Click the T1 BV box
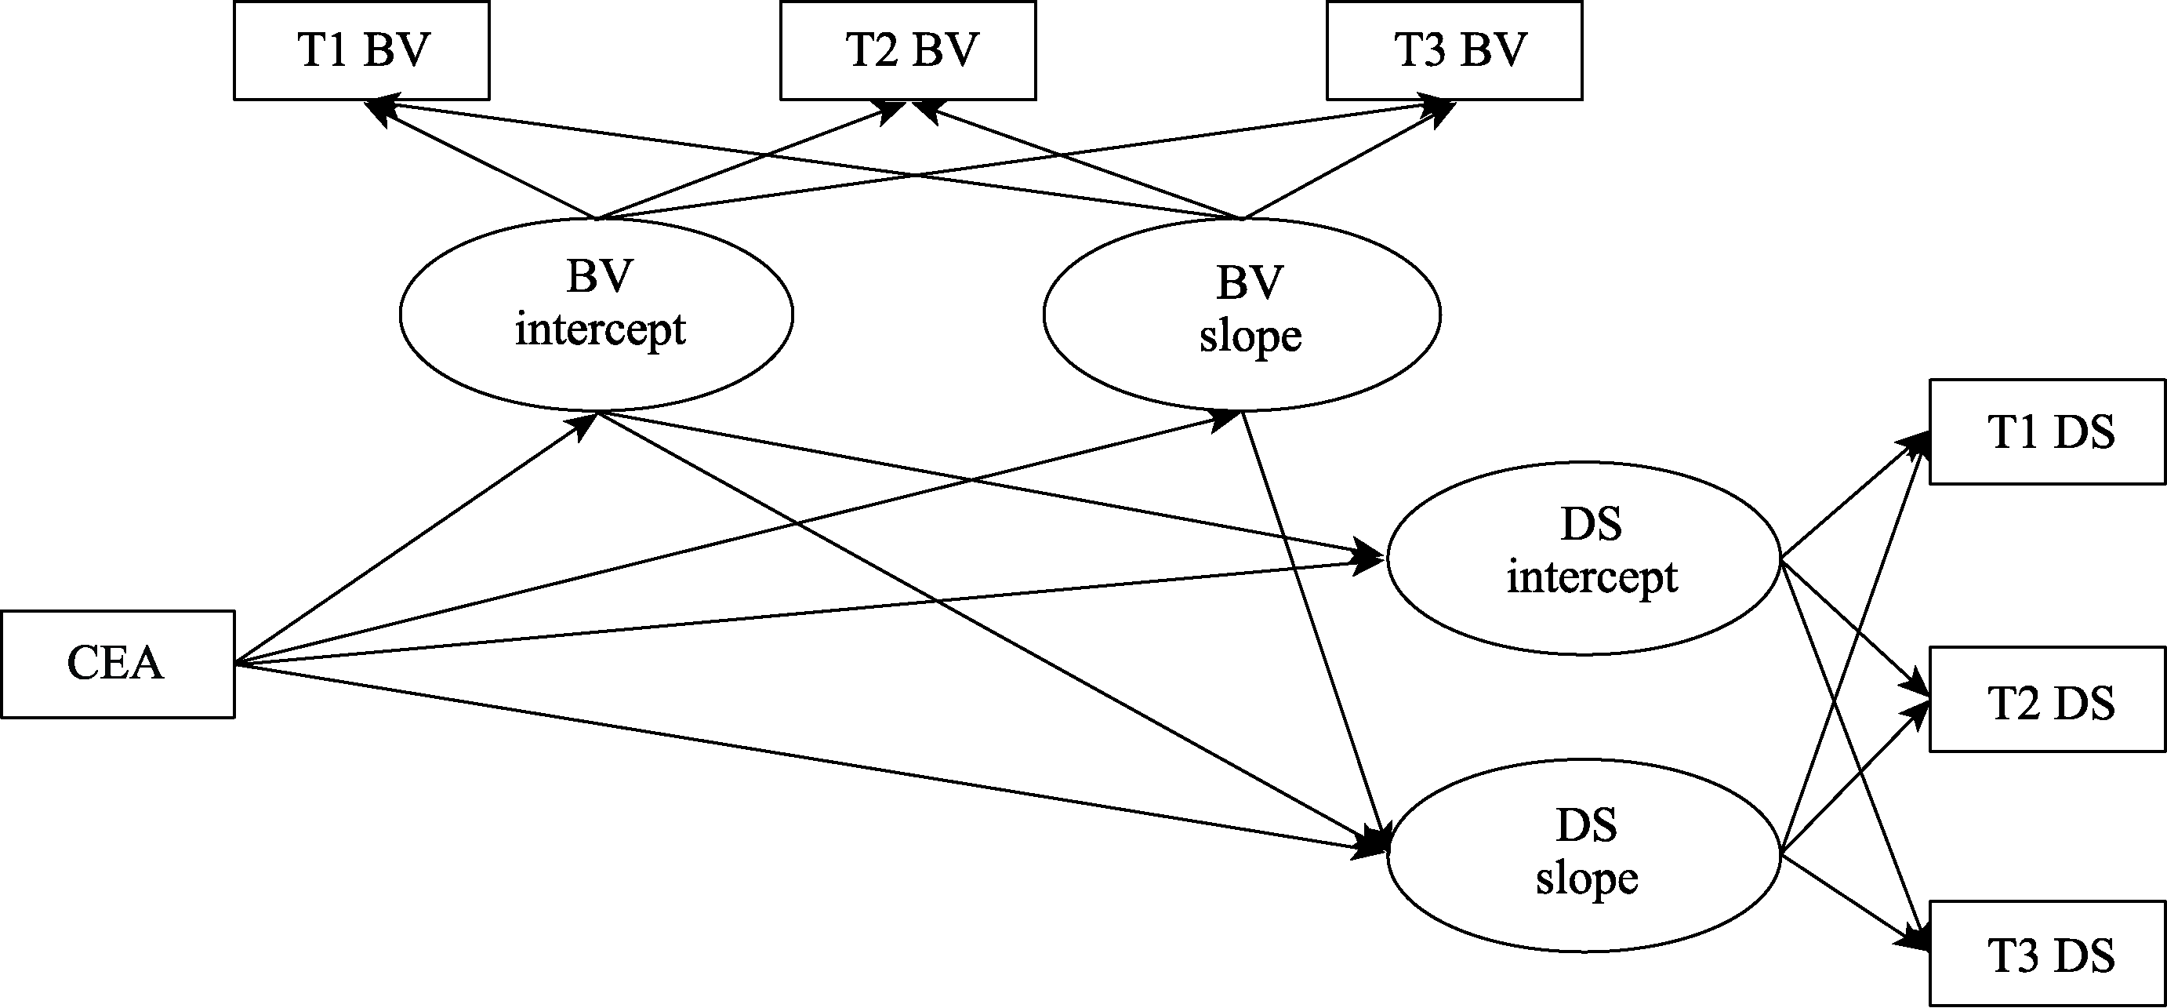click(x=361, y=50)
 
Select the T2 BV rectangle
click(x=908, y=50)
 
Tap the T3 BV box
click(x=1454, y=50)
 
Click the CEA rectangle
click(x=118, y=664)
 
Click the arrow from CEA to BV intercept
click(x=416, y=538)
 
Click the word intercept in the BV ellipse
click(x=600, y=329)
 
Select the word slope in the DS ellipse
click(x=1587, y=880)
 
